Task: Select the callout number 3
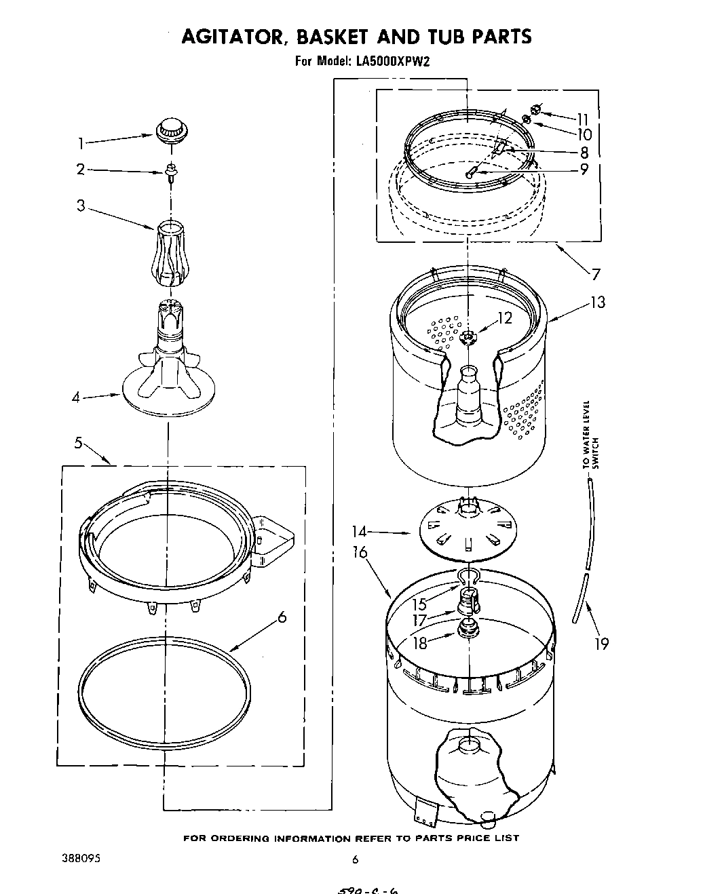pos(81,205)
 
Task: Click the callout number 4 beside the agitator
pos(77,397)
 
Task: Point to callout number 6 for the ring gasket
pos(282,617)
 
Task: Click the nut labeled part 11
pos(535,109)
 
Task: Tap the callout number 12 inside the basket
pos(504,317)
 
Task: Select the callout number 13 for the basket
pos(597,302)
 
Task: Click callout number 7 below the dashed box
pos(596,274)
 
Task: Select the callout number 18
pos(420,642)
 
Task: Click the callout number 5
pos(78,444)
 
